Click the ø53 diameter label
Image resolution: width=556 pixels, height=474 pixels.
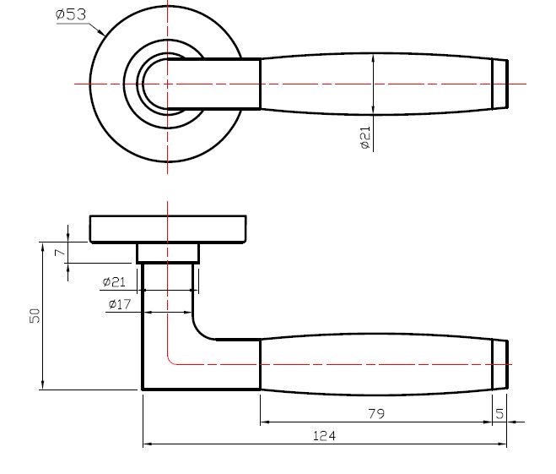tap(71, 14)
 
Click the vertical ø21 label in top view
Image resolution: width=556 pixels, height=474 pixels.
tap(365, 138)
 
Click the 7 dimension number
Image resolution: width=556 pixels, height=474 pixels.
tap(58, 252)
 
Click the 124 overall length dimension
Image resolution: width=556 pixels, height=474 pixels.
tap(324, 436)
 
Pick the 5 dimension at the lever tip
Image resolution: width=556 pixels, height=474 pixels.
tap(499, 414)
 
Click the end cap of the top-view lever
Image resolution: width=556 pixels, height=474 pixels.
tap(500, 84)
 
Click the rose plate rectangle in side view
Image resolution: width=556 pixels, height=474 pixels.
tap(168, 229)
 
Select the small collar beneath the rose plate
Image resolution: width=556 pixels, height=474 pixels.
tap(168, 253)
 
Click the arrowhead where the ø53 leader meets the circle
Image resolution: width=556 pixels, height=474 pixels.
tap(102, 35)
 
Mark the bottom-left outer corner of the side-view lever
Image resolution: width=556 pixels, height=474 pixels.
tap(143, 390)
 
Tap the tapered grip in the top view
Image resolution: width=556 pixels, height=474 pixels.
tap(375, 84)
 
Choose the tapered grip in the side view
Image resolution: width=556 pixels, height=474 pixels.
tap(375, 365)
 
